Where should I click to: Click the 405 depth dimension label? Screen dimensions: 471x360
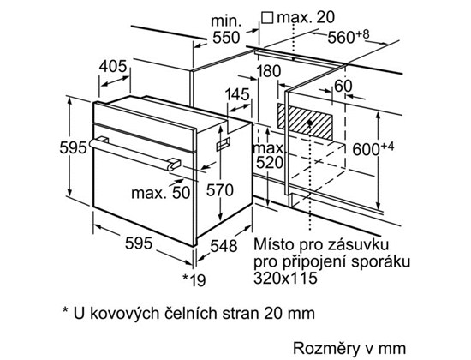(113, 67)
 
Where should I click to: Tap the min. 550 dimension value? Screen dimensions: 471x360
(226, 29)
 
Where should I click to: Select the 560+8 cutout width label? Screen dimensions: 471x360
(349, 37)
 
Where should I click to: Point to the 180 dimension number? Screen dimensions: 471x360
(268, 71)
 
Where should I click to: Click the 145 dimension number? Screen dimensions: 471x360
(237, 94)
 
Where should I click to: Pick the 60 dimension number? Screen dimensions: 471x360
(343, 86)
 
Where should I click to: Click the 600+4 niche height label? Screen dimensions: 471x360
(373, 149)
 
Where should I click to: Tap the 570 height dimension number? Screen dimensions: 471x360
(219, 190)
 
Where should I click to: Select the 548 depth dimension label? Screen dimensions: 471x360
(224, 246)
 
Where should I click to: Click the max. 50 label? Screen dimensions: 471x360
(161, 193)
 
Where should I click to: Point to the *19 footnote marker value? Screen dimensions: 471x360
(194, 280)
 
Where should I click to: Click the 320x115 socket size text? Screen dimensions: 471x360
(285, 278)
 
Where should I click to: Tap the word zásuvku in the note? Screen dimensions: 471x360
(358, 244)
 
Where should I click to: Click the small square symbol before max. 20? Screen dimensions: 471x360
(267, 17)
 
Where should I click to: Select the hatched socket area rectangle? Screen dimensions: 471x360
(305, 122)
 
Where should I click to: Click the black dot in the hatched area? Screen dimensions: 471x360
(310, 123)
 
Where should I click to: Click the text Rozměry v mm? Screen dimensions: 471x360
(349, 349)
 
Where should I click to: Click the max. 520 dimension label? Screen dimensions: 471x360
(269, 155)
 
